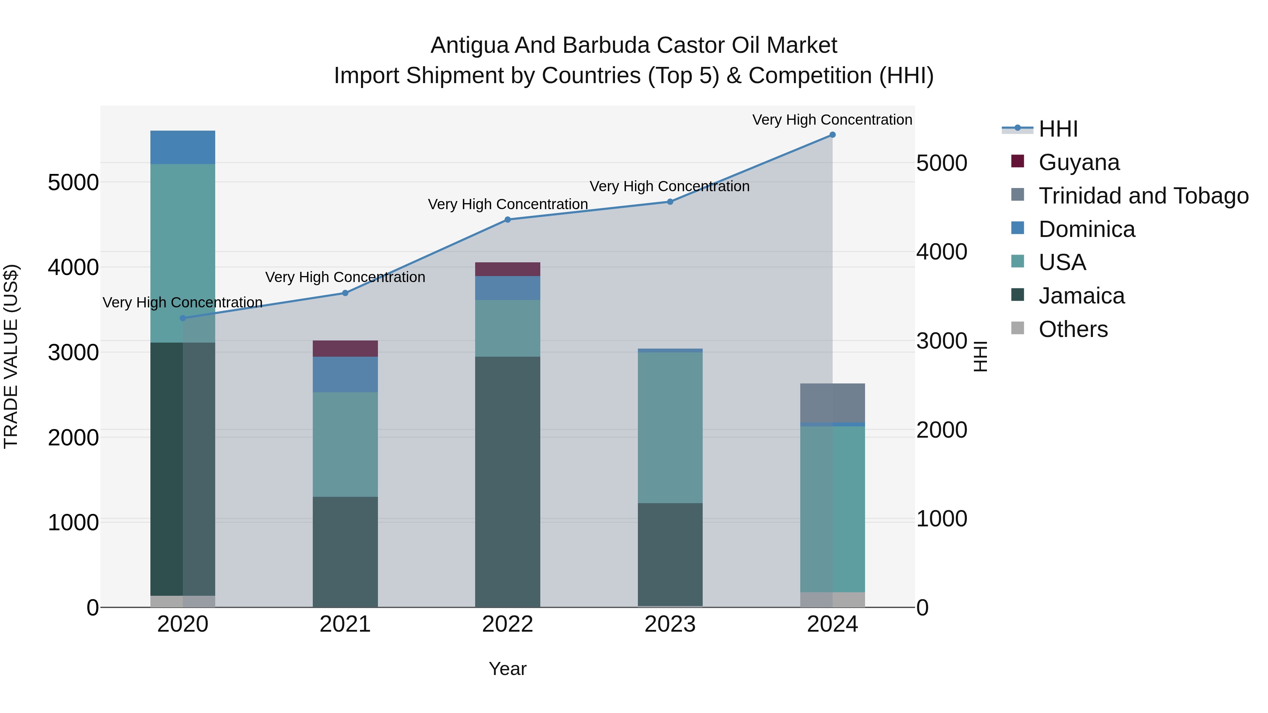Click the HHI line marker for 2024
point(832,135)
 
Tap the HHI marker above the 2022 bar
point(508,220)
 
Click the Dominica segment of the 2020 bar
point(182,147)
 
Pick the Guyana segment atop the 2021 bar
point(345,348)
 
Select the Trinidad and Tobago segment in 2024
point(832,402)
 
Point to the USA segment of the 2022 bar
point(508,328)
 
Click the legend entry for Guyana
point(1079,162)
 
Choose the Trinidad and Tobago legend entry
point(1143,196)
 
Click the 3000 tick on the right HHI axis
point(941,341)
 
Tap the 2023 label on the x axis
point(670,624)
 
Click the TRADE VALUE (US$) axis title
point(11,356)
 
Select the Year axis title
point(508,669)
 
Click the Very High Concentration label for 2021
point(345,277)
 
